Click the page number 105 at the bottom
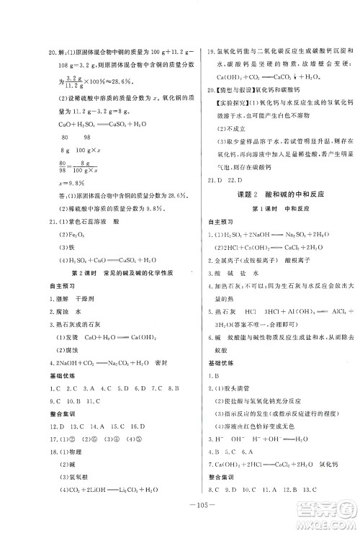point(180,514)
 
